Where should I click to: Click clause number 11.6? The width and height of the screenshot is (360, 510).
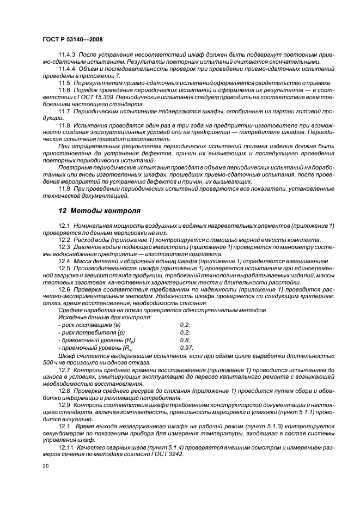coord(64,89)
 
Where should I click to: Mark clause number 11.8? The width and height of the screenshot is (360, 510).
coord(64,125)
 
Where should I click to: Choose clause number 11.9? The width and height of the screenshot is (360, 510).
coord(64,189)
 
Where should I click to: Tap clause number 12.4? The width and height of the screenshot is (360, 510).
coord(64,261)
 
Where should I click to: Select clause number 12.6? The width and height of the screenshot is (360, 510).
coord(64,289)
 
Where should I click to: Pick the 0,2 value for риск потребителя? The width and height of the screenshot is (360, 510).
coord(185,331)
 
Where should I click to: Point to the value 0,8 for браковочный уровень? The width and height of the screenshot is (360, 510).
coord(185,339)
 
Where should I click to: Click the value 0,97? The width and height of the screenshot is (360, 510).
coord(186,347)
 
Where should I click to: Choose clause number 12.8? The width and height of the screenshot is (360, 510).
coord(64,391)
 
